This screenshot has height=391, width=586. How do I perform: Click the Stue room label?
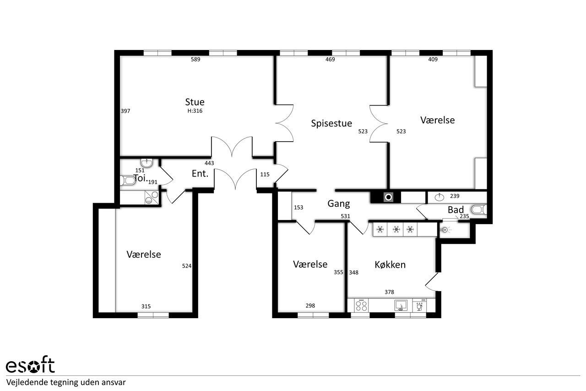(x=195, y=102)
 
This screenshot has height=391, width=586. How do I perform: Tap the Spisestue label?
(x=331, y=123)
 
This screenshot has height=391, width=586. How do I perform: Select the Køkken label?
(x=390, y=265)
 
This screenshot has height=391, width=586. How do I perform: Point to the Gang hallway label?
(x=338, y=204)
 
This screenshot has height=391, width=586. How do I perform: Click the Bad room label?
(x=456, y=210)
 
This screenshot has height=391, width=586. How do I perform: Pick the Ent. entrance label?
(x=200, y=174)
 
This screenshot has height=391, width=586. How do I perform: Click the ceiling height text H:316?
(x=195, y=111)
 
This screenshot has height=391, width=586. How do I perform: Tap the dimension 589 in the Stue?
(x=195, y=60)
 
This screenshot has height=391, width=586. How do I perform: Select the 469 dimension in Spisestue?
(x=330, y=60)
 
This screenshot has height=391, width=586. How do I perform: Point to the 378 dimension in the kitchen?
(x=389, y=292)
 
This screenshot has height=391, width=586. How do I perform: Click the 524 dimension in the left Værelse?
(x=187, y=266)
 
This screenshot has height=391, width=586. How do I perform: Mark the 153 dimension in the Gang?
(x=298, y=208)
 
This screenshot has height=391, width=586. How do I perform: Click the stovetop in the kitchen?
(x=361, y=305)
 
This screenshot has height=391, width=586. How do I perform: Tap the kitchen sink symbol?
(x=401, y=305)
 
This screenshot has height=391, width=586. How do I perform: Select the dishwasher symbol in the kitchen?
(x=420, y=305)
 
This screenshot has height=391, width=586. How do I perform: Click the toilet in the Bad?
(x=479, y=209)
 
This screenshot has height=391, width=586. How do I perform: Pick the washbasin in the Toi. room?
(x=147, y=163)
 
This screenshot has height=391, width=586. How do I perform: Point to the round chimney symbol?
(x=389, y=197)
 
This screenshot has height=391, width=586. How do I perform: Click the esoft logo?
(x=30, y=364)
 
